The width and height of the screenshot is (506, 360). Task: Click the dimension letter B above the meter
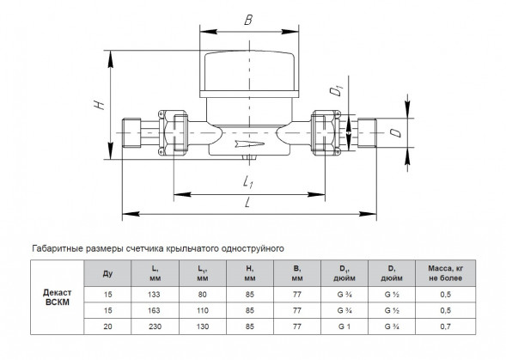248,20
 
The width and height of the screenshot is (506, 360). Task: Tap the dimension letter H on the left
99,104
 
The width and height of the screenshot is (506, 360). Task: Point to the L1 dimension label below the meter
247,181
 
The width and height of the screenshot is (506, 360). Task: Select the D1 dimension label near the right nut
336,90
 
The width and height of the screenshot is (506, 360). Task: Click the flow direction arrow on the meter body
250,143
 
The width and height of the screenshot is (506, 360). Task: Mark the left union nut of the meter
174,132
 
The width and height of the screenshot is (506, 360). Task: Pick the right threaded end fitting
367,133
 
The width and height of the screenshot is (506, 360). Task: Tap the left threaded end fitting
131,133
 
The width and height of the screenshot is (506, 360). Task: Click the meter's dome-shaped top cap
249,70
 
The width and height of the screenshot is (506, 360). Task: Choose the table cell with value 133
155,295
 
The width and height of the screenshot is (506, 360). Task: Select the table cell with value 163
155,311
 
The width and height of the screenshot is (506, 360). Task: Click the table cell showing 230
155,326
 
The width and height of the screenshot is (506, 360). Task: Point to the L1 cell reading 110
203,311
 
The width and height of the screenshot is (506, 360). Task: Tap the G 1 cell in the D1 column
344,326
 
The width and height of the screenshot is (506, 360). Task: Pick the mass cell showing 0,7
445,326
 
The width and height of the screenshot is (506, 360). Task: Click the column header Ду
107,273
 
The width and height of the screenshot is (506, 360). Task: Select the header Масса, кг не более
445,273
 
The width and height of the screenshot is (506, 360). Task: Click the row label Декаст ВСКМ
57,297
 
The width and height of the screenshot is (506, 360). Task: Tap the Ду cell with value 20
107,326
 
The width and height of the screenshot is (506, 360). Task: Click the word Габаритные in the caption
58,248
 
